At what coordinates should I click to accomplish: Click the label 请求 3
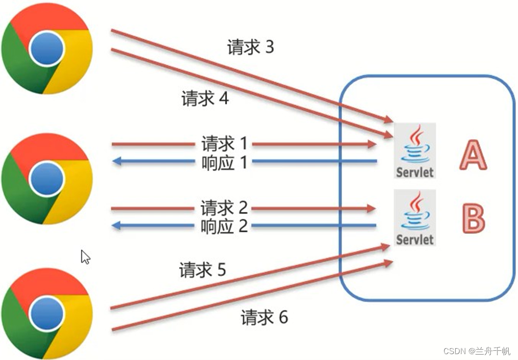tap(250, 48)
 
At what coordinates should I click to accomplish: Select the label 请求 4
tap(205, 99)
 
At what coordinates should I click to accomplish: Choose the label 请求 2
tap(224, 208)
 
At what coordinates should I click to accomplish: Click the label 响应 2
tap(224, 226)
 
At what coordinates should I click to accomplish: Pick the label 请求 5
tap(203, 270)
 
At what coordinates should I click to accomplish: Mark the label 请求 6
tap(264, 318)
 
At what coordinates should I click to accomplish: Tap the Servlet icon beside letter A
tap(414, 151)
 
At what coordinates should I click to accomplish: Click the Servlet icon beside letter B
tap(414, 217)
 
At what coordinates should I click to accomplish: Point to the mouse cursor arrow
tap(85, 256)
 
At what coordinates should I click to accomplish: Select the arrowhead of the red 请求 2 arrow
tap(371, 208)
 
